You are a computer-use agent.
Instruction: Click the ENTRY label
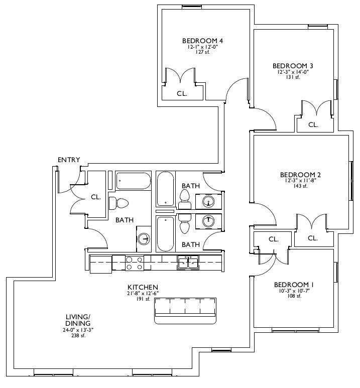click(69, 160)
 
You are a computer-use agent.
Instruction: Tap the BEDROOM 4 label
click(202, 41)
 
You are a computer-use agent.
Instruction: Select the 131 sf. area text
click(293, 77)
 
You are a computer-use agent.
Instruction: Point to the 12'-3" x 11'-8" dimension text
click(301, 180)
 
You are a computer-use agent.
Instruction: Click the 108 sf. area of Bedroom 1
click(294, 296)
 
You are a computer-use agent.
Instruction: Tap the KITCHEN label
click(143, 287)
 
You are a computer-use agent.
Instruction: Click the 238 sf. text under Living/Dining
click(78, 335)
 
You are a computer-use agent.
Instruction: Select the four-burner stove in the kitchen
click(135, 263)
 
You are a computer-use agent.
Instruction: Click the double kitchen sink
click(188, 263)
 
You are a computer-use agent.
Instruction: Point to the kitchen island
click(185, 311)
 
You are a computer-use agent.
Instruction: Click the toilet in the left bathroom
click(118, 203)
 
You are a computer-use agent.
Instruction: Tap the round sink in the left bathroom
click(144, 239)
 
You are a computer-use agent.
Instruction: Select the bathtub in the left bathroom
click(134, 181)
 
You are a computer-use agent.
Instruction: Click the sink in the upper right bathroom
click(208, 202)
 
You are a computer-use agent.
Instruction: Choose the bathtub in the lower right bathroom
click(165, 234)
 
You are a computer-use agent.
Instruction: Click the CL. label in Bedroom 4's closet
click(182, 94)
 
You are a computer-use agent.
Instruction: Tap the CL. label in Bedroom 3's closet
click(313, 124)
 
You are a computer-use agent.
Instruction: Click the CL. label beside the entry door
click(96, 197)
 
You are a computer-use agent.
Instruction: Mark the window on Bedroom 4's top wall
click(192, 7)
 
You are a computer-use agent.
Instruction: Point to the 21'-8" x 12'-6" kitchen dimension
click(143, 294)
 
